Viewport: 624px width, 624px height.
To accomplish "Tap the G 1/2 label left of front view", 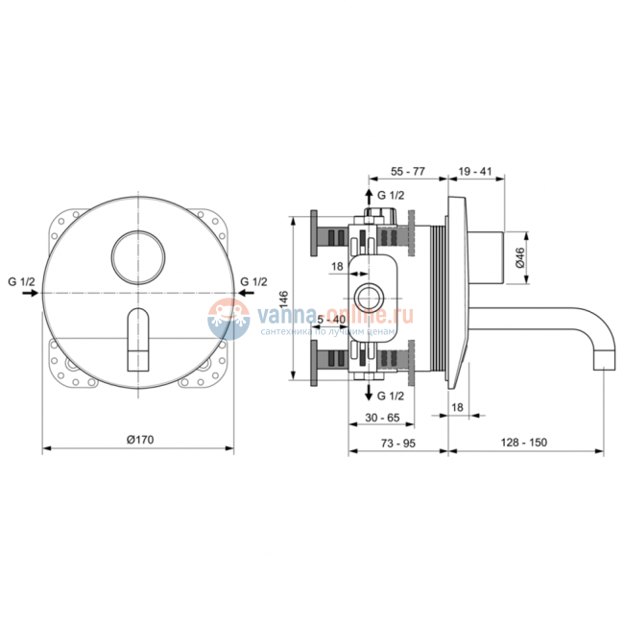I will [21, 281].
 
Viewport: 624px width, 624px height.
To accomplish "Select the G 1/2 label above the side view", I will [392, 195].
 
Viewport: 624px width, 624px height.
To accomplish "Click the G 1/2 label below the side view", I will [392, 396].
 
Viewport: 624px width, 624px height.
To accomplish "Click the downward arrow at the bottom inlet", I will [368, 393].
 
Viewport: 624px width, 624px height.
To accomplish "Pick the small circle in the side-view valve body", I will [368, 295].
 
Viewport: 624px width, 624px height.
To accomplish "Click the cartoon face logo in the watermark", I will [227, 316].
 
